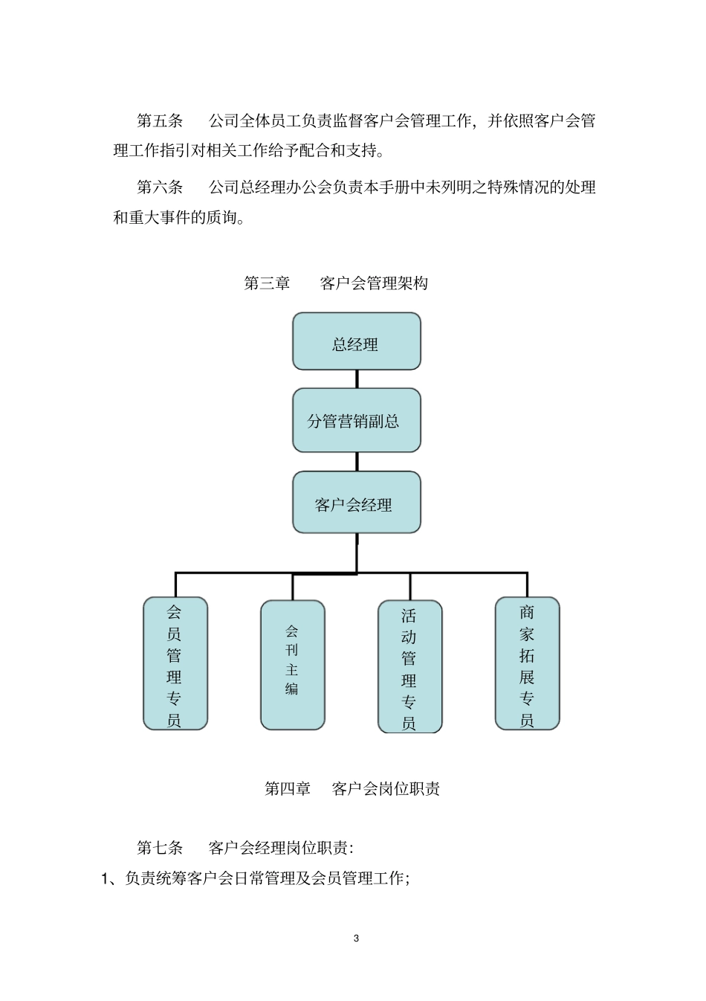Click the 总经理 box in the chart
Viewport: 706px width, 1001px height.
tap(357, 341)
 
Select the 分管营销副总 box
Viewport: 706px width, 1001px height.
tap(357, 420)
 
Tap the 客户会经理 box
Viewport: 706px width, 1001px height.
tap(357, 503)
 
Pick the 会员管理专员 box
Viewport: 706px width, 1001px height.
tap(175, 663)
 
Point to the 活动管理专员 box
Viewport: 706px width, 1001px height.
tap(410, 667)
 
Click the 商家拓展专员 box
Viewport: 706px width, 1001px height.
tap(528, 663)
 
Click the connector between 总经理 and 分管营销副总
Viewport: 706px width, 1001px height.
tap(357, 379)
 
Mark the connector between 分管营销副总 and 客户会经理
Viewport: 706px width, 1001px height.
tap(357, 461)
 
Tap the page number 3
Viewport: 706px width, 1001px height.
tap(357, 938)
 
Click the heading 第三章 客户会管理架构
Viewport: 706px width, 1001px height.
tap(336, 283)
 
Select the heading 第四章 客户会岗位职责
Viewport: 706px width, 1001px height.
tap(352, 789)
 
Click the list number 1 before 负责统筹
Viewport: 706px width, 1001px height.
tap(106, 879)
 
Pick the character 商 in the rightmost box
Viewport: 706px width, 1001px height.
tap(528, 613)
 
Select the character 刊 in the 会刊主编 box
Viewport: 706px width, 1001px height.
tap(292, 650)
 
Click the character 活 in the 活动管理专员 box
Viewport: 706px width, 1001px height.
tap(409, 616)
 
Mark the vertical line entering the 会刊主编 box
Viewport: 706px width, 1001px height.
tap(293, 587)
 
